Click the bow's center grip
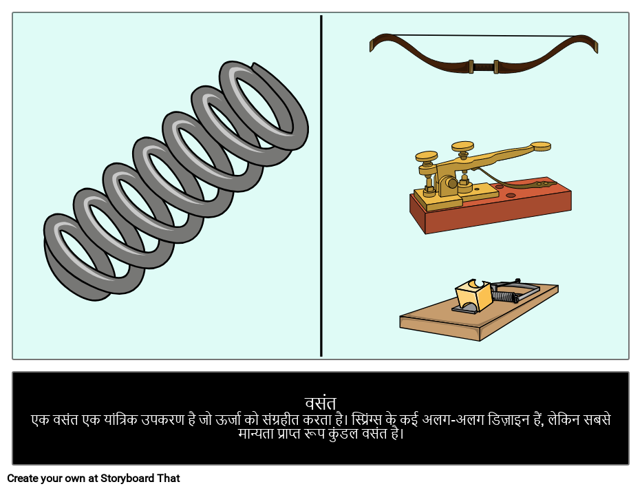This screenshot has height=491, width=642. pos(483,66)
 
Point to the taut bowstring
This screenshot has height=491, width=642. pos(483,36)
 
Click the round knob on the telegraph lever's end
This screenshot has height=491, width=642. pos(540,146)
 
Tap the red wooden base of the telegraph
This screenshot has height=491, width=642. pos(491,209)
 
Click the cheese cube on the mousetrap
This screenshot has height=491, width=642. pos(473,294)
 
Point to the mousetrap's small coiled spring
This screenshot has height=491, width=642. pos(504,296)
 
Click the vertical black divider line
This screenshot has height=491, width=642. pos(321,186)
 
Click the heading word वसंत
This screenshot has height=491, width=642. pos(321,404)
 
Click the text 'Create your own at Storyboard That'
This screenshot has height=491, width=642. pos(94,479)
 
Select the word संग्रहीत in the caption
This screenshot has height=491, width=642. pos(281,420)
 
